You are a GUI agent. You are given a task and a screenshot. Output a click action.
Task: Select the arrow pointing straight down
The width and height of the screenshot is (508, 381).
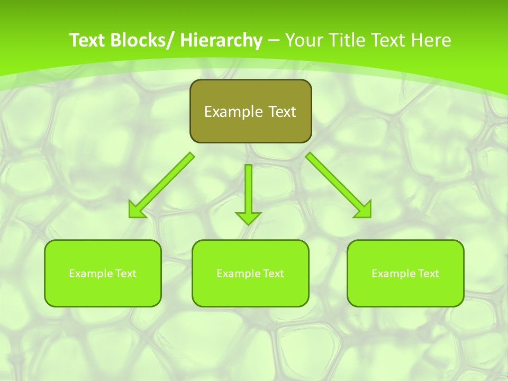248,190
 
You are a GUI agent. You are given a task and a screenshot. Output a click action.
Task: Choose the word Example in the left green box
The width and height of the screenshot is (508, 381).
90,274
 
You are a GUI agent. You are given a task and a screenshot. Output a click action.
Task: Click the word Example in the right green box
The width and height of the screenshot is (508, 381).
393,274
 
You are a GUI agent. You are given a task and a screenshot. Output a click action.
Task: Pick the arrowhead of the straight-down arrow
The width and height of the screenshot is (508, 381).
248,217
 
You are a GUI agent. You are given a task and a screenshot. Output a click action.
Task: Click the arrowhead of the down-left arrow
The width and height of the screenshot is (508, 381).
135,211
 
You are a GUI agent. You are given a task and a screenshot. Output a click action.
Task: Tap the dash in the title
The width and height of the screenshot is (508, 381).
274,41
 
